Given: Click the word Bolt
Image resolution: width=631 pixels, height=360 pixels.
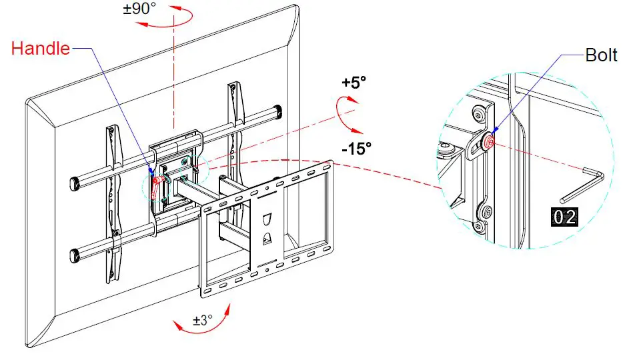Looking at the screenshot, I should (x=601, y=55).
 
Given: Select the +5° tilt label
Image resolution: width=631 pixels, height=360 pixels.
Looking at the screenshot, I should (x=354, y=83).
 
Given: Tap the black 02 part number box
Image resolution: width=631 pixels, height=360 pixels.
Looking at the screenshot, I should (x=562, y=216).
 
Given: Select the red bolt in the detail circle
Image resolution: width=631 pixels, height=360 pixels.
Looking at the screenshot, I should (x=490, y=142).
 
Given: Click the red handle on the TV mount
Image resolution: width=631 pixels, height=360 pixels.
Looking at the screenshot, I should (x=157, y=185).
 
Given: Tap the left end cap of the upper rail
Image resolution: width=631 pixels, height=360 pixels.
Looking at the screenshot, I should (x=75, y=182).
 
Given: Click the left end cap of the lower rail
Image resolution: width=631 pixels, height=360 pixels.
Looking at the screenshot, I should (x=76, y=255).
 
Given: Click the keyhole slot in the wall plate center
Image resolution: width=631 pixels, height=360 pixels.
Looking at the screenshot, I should (x=266, y=220).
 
